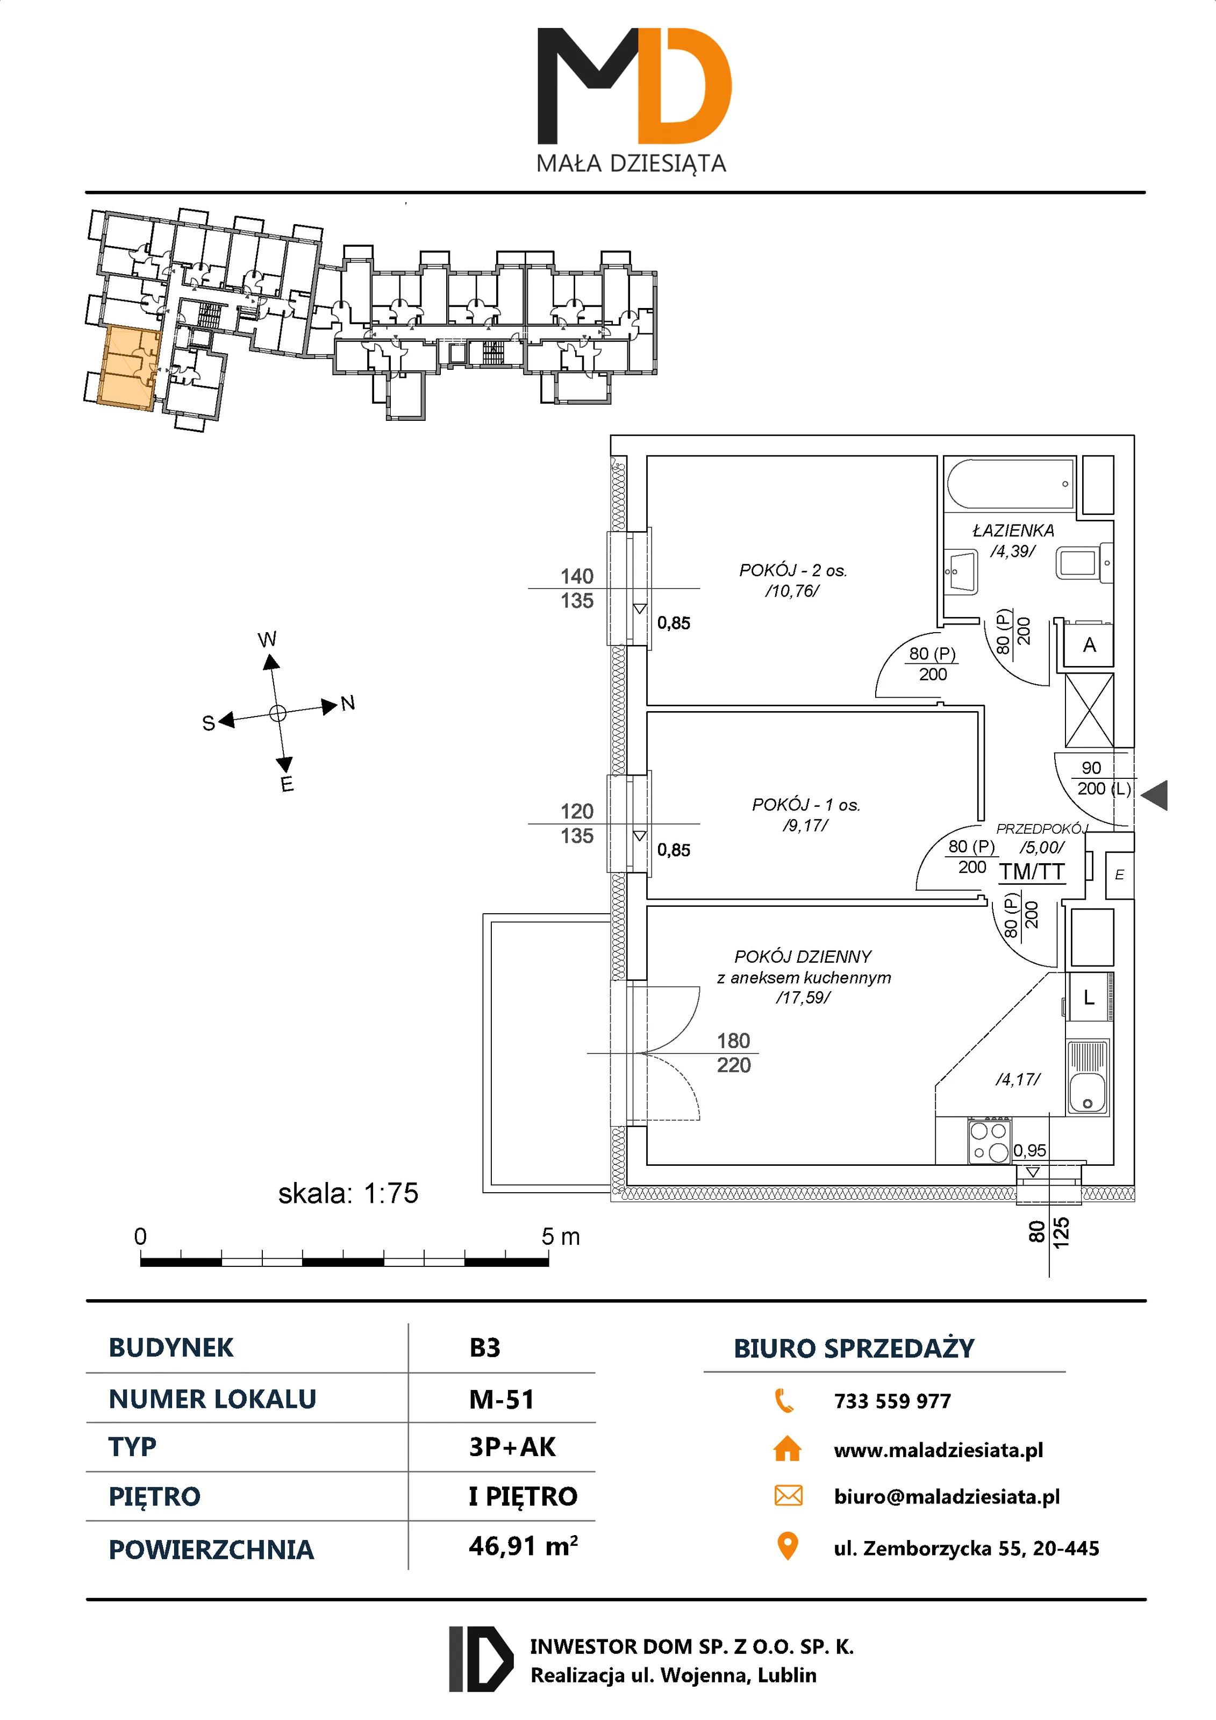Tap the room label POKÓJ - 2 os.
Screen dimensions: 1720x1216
(x=793, y=571)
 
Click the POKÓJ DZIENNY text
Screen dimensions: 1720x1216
(x=803, y=957)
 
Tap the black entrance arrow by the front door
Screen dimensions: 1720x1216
(x=1155, y=795)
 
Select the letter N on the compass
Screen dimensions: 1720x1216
(x=348, y=703)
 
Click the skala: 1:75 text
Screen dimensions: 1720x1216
(x=348, y=1193)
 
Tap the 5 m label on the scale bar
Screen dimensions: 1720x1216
(x=560, y=1237)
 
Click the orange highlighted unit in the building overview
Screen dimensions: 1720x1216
(x=128, y=367)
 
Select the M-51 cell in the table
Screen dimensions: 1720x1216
(x=501, y=1399)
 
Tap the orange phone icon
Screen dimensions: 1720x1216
(x=784, y=1400)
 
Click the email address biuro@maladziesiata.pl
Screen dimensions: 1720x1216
(x=946, y=1497)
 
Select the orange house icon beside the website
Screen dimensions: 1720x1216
(x=786, y=1449)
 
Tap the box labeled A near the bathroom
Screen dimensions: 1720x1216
(x=1089, y=645)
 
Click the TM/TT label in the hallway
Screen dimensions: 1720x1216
(x=1032, y=871)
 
